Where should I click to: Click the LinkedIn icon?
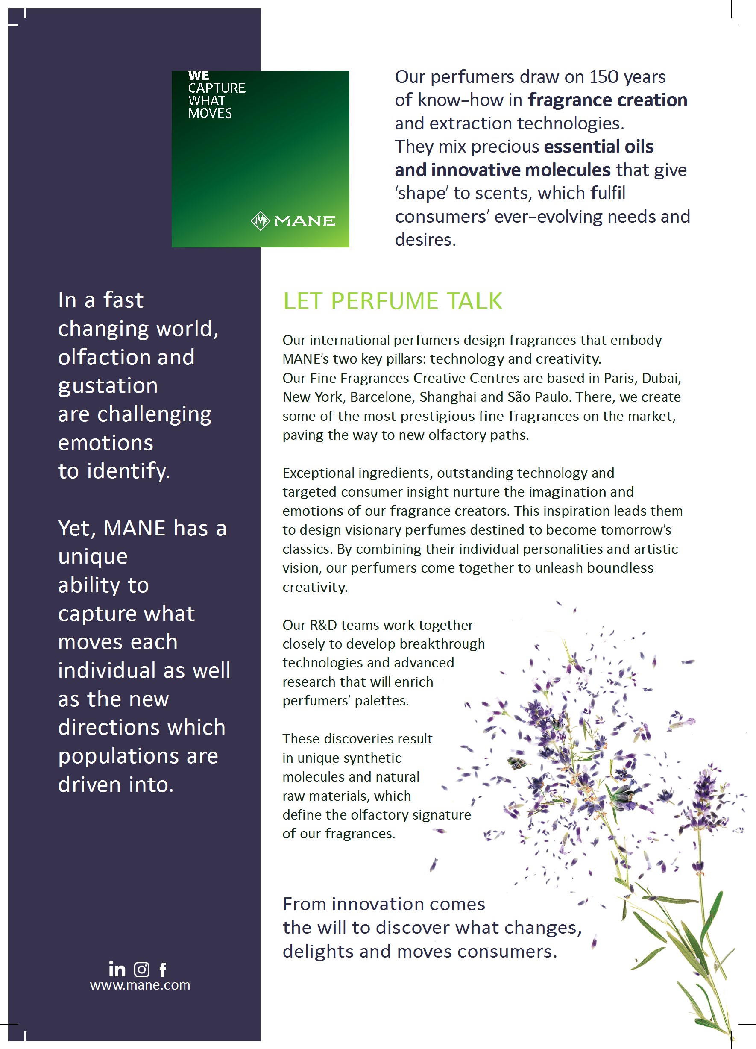[x=117, y=969]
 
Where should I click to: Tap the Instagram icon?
[x=141, y=969]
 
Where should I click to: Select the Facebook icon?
[x=163, y=970]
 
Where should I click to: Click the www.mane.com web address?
[x=140, y=985]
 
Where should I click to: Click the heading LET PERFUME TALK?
[x=393, y=301]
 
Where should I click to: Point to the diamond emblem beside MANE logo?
[x=260, y=220]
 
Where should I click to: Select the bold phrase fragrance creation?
[x=607, y=100]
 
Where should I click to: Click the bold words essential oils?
[x=599, y=147]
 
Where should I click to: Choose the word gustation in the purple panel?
[x=108, y=385]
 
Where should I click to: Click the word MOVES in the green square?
[x=210, y=113]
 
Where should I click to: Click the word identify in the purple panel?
[x=128, y=471]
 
